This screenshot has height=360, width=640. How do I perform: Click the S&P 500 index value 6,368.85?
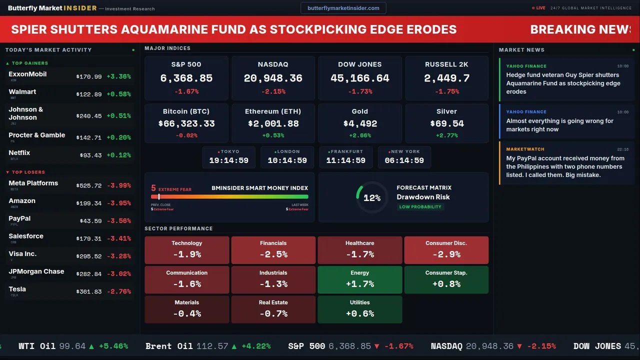coord(186,78)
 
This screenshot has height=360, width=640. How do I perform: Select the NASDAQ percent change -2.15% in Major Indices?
coord(273,91)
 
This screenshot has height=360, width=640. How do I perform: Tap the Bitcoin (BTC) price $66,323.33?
coord(186,123)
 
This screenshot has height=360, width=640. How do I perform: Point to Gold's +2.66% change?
coord(359,135)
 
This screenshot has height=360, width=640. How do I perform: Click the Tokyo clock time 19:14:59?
coord(228,160)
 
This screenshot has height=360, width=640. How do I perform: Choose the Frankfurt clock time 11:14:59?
coord(345,160)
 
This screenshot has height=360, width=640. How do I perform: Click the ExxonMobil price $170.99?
coord(89,77)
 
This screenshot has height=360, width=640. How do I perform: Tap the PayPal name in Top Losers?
coord(19,218)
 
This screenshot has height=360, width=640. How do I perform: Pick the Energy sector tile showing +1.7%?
coord(359,279)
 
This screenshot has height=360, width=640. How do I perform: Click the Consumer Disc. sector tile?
coord(446,250)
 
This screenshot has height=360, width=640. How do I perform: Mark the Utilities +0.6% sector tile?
coord(359,309)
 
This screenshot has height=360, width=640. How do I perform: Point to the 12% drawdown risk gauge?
coord(371,198)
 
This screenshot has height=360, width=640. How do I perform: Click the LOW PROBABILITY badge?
coord(420,207)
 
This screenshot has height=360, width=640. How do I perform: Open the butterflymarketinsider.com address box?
coord(343,8)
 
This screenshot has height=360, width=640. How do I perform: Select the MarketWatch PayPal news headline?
coord(564,166)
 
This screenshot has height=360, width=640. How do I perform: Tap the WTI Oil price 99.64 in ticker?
coord(72,346)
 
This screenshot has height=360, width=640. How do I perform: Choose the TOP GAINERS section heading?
coord(30,63)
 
